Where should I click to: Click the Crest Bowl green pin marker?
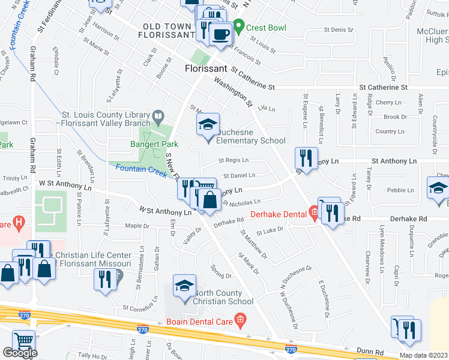pyautogui.click(x=239, y=28)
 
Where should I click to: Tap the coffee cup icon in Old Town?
pyautogui.click(x=221, y=34)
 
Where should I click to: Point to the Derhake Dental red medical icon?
pyautogui.click(x=313, y=211)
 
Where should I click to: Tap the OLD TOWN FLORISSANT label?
pyautogui.click(x=165, y=31)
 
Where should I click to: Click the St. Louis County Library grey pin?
pyautogui.click(x=158, y=114)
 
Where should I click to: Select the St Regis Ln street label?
pyautogui.click(x=233, y=161)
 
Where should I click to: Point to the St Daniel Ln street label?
pyautogui.click(x=239, y=176)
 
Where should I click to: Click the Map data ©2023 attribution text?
pyautogui.click(x=423, y=355)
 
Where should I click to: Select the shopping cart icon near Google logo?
pyautogui.click(x=23, y=341)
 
